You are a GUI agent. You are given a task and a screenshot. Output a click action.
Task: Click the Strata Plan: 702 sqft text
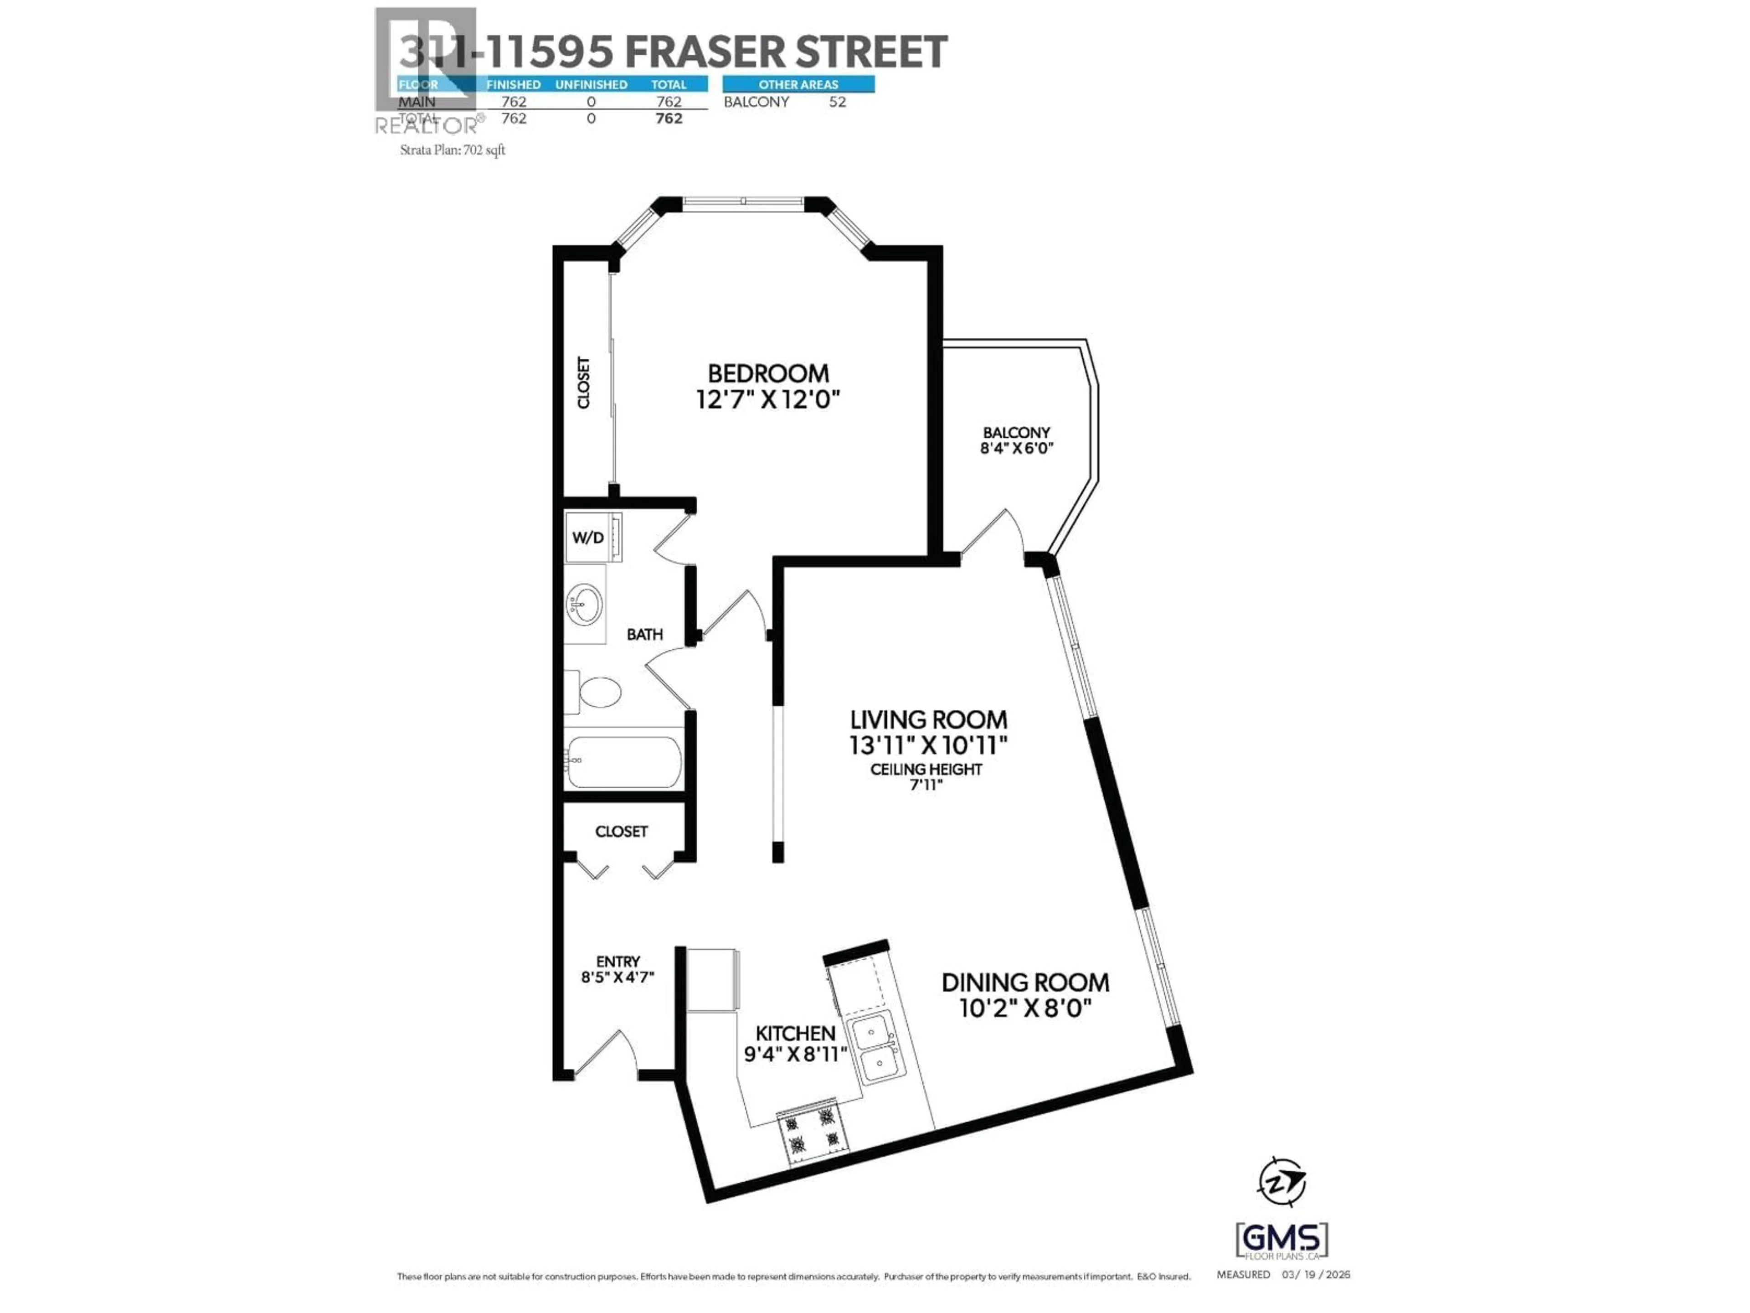(x=453, y=150)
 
